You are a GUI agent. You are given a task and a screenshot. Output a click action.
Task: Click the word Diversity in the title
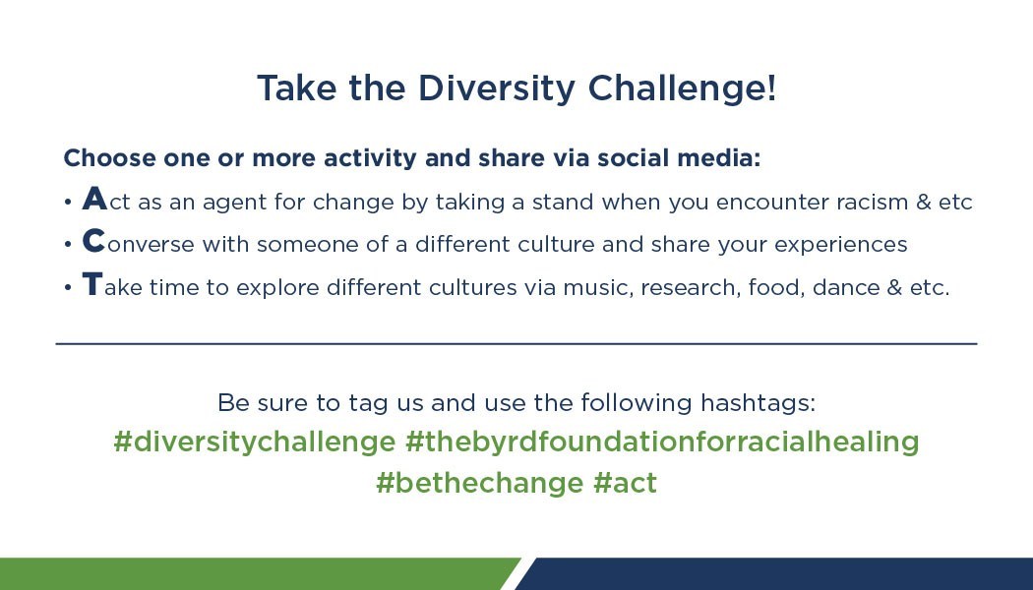point(497,88)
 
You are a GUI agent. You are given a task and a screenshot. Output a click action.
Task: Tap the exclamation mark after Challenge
point(772,87)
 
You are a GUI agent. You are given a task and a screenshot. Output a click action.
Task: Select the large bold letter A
point(94,199)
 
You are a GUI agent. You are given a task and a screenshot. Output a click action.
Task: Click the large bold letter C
point(93,242)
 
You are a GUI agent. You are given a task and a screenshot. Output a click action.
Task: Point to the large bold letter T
point(92,284)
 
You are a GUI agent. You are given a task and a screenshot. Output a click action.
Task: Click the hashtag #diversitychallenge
point(254,442)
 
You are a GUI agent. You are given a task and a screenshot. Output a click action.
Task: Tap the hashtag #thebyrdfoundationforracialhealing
point(662,442)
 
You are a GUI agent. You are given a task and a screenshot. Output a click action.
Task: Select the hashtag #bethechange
point(480,483)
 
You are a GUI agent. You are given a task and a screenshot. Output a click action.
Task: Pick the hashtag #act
point(625,484)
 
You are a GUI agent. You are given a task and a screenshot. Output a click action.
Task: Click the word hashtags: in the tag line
point(758,402)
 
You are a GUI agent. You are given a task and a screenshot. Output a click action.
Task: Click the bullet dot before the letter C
point(68,245)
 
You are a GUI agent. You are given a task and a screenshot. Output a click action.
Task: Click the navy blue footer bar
point(777,573)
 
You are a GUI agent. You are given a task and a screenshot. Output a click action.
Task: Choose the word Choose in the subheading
point(109,158)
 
